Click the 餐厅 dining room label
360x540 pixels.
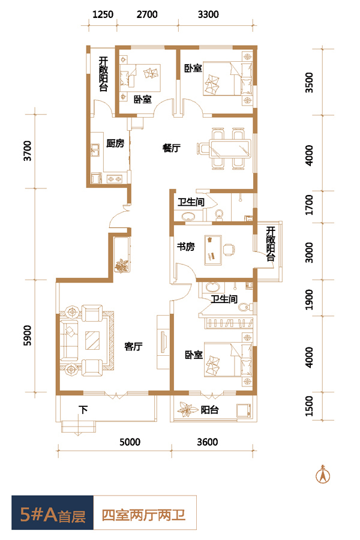coord(171,148)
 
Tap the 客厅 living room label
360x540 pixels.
coord(133,346)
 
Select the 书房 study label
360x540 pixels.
coord(185,247)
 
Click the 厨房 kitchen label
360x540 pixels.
coord(115,143)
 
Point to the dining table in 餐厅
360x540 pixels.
coord(231,148)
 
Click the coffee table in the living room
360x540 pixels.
coord(92,340)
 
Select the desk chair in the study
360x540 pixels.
coord(229,249)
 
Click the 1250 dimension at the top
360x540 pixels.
coord(103,14)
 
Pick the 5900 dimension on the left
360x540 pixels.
coord(27,335)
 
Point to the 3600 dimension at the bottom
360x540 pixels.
coord(208,442)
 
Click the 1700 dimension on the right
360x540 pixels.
coord(309,205)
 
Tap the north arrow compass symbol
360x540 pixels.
coord(323,475)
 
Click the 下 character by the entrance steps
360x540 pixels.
coord(83,409)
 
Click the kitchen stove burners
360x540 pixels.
coord(115,179)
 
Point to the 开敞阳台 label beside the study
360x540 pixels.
coord(271,244)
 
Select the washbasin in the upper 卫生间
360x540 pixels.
coord(188,216)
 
